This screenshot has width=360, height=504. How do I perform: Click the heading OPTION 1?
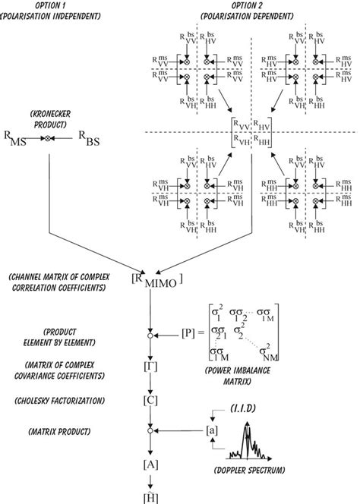pyautogui.click(x=46, y=7)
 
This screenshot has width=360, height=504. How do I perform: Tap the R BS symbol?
pyautogui.click(x=88, y=139)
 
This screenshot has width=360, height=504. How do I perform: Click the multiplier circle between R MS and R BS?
pyautogui.click(x=51, y=138)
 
